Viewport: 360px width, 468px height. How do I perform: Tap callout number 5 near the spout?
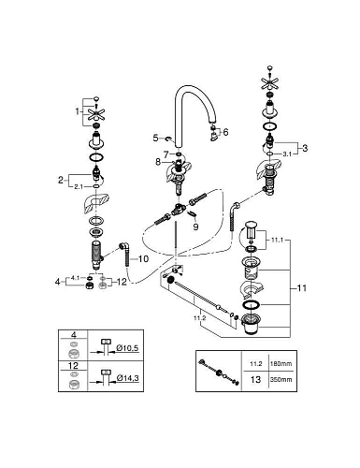(157, 138)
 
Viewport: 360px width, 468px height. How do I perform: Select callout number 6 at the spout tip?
(225, 132)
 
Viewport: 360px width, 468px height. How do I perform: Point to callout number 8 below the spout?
(158, 163)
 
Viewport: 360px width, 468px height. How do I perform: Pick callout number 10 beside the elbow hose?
(144, 256)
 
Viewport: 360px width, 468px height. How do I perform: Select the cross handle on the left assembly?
(94, 117)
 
